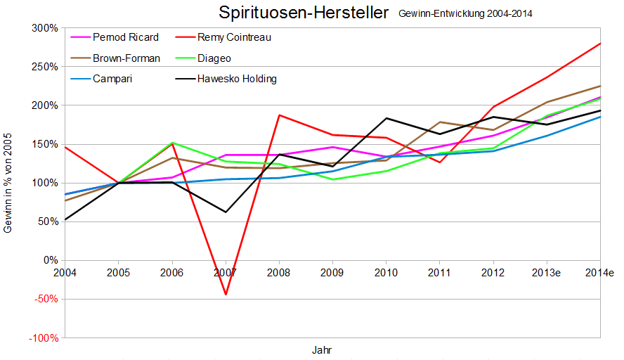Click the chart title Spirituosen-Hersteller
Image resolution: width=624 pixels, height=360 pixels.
tap(303, 13)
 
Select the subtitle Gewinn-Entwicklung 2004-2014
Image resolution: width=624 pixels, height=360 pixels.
tap(470, 13)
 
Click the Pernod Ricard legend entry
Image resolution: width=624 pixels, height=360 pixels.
tap(126, 37)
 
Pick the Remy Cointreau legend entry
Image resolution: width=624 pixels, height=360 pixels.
tap(234, 37)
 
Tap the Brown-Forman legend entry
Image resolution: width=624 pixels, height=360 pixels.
tap(126, 58)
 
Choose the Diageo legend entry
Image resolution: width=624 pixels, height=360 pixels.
tap(214, 58)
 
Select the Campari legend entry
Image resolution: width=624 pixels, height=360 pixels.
tap(112, 79)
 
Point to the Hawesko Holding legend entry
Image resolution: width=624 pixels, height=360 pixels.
tap(237, 79)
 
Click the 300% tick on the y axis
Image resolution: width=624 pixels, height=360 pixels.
tap(44, 28)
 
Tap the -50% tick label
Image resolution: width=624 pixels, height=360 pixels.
tap(44, 299)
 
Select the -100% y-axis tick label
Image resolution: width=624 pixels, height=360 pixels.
tap(42, 337)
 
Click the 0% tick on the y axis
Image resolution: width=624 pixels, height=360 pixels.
tap(50, 260)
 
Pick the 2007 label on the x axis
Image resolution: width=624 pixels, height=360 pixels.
tap(226, 271)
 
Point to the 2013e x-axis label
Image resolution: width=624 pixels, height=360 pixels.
tap(546, 271)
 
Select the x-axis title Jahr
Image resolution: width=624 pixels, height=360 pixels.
tap(322, 349)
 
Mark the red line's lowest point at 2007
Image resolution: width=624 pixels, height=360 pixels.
tap(226, 294)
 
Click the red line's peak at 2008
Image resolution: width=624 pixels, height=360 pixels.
tap(279, 115)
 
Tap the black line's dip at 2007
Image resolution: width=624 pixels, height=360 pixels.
tap(226, 212)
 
